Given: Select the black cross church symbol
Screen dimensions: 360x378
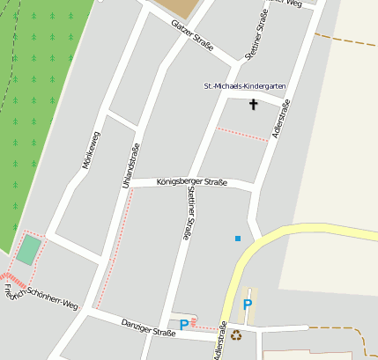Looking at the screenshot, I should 254,105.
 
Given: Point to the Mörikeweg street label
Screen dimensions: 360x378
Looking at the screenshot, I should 90,151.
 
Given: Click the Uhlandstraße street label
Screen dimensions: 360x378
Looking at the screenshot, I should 130,165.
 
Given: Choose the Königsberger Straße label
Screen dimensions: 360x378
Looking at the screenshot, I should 191,182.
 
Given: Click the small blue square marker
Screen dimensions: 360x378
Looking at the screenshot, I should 237,238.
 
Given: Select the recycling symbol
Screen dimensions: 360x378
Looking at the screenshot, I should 235,334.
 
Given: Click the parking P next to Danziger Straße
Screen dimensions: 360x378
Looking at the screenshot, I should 183,325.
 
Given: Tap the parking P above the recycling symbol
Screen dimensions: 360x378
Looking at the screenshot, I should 248,305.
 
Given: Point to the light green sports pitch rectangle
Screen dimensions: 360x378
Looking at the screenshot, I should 28,249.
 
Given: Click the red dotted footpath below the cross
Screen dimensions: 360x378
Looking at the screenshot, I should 242,134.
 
